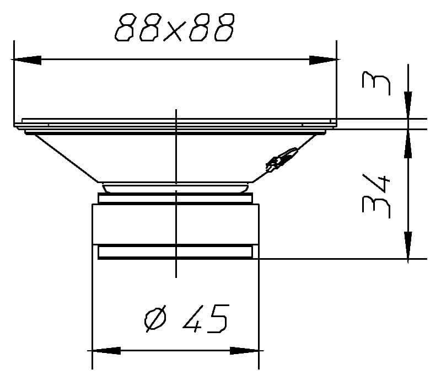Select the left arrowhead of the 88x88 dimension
click(x=25, y=59)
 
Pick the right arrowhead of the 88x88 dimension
click(x=323, y=59)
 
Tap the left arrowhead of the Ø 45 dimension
click(x=105, y=350)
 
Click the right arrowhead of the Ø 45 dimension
click(x=245, y=350)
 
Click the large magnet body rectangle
click(x=175, y=223)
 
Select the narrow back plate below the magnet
click(x=175, y=252)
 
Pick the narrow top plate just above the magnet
click(x=175, y=198)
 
